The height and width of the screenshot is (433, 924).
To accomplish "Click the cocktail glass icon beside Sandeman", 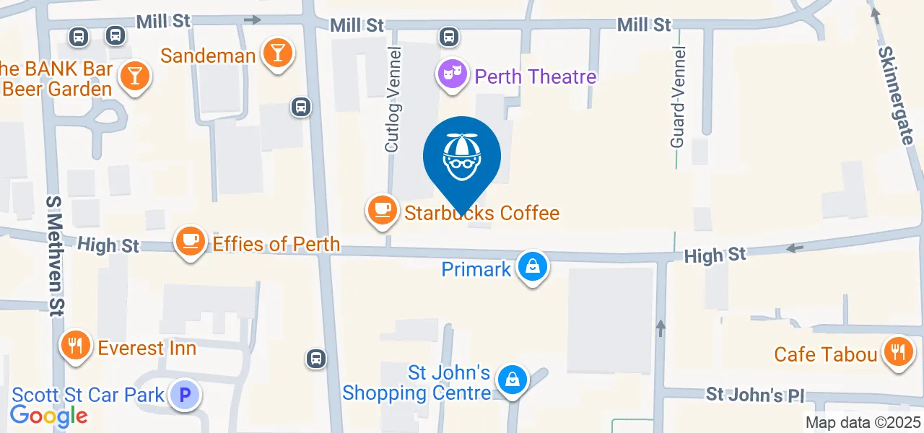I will click(276, 53).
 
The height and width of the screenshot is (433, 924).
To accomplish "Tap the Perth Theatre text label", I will click(536, 76).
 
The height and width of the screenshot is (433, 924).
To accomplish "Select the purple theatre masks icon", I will click(453, 73).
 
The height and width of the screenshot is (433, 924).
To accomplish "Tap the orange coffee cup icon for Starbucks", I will click(383, 210).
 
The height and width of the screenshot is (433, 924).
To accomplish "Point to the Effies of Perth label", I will click(276, 244).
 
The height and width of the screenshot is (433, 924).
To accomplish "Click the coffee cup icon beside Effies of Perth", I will click(191, 240).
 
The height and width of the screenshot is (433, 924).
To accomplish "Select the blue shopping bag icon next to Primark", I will click(532, 267).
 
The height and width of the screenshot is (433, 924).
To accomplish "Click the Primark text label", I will click(476, 270).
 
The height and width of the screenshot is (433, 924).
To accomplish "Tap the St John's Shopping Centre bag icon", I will click(512, 377).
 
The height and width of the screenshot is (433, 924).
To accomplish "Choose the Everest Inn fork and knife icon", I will click(74, 346).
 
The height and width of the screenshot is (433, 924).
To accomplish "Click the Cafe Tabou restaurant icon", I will click(897, 352).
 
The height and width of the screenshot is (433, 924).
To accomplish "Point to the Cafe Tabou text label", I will click(826, 354).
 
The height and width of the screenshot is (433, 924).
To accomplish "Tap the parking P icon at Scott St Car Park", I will click(185, 395).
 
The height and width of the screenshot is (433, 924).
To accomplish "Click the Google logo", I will click(48, 416).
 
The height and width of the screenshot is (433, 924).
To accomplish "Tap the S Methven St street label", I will click(55, 255).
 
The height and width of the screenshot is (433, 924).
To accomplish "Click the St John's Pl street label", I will click(754, 395).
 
